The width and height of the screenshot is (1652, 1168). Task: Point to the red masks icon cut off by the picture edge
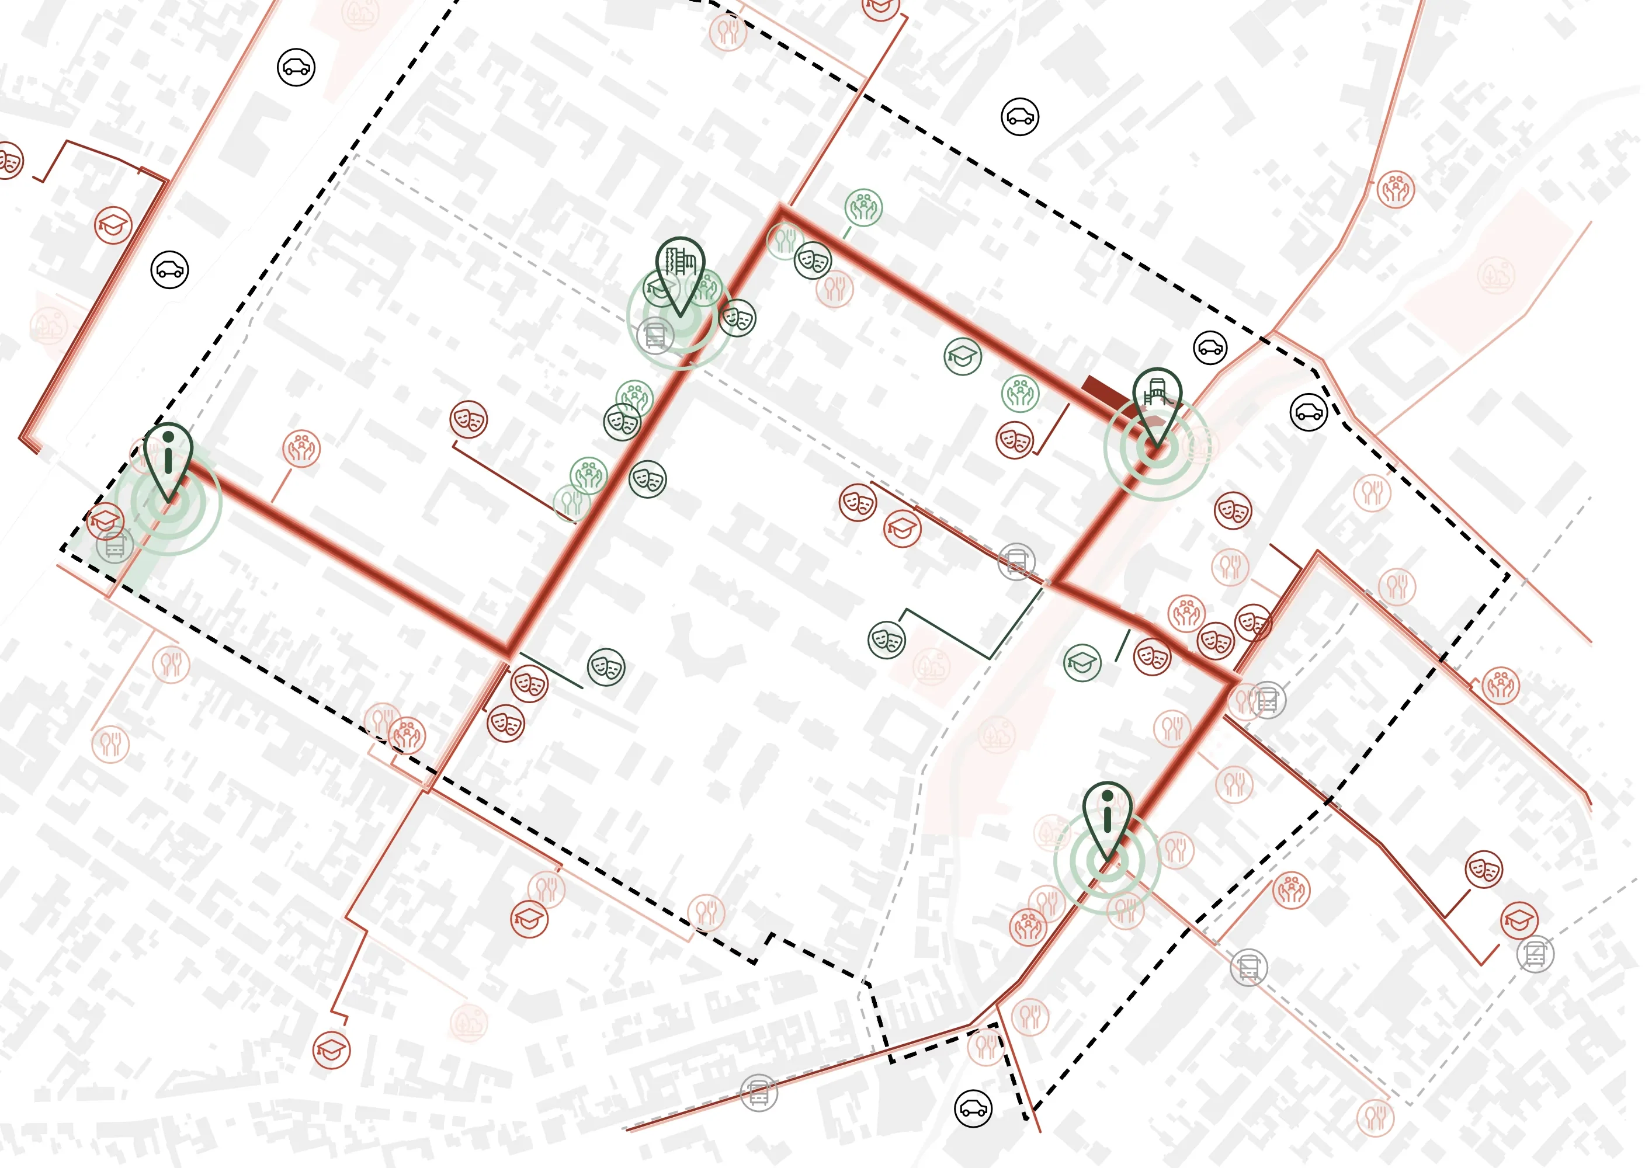9,161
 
